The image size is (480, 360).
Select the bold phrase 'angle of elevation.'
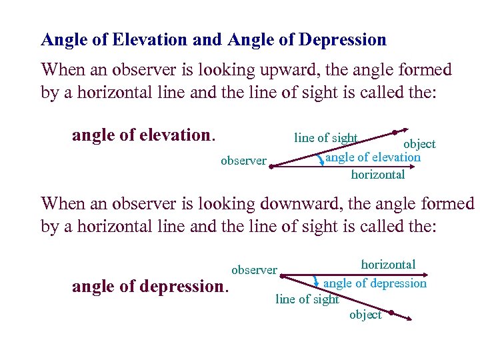click(144, 135)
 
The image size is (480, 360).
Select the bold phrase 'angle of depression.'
click(150, 287)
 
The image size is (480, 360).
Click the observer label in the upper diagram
click(243, 160)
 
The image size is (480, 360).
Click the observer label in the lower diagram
click(254, 270)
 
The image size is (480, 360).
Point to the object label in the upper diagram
click(419, 144)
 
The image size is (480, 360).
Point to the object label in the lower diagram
click(365, 315)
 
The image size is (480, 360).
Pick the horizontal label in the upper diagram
click(377, 175)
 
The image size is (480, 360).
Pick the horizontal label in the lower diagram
click(388, 265)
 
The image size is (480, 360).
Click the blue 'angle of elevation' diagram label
click(373, 157)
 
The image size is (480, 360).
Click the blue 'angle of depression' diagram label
click(375, 283)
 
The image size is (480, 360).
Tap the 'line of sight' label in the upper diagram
click(326, 138)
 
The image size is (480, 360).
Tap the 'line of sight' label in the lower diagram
click(307, 299)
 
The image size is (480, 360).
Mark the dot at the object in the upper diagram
click(395, 132)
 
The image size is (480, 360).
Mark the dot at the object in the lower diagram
click(391, 312)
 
